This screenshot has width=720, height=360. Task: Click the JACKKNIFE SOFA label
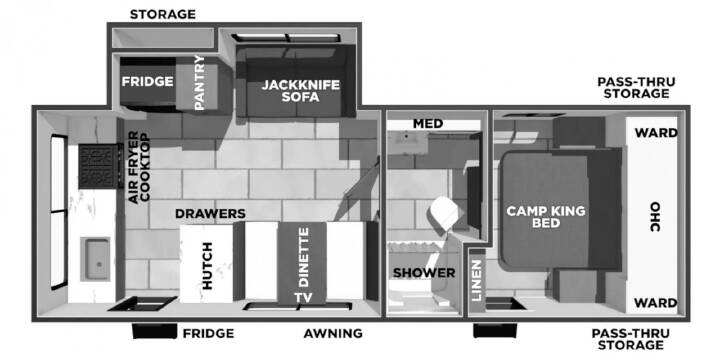pos(301,91)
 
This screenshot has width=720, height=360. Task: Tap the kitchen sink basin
pos(96,259)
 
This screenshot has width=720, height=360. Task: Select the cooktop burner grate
pos(97,166)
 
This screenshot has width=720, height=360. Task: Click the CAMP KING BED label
pos(546,217)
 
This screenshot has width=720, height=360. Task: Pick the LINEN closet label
pos(477,280)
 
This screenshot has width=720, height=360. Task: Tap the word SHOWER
pos(424,273)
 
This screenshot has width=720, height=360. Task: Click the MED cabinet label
pos(428,124)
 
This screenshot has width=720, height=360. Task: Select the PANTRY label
pos(199,83)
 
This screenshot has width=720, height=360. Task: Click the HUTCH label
pos(208,266)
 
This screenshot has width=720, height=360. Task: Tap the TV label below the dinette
pos(304,298)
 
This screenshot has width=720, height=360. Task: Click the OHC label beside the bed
pos(654,217)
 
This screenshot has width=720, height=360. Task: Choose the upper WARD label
pos(656,133)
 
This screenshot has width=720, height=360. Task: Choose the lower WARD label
pos(656,303)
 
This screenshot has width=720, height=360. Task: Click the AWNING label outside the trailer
pos(333,333)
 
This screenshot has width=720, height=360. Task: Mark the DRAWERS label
pos(210,214)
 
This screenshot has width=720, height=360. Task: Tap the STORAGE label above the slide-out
pos(163,14)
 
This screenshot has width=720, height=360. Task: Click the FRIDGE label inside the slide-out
pos(147,82)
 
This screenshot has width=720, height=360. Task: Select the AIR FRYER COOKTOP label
pos(139,167)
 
